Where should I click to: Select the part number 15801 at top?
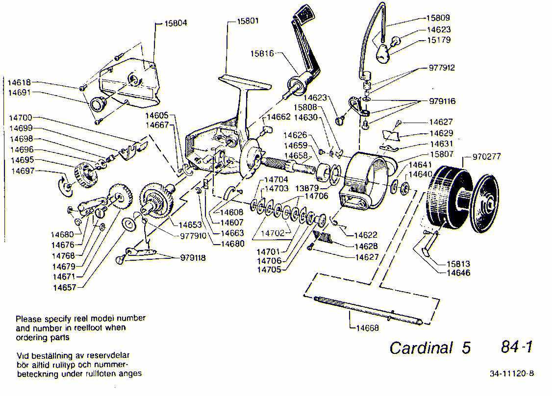(248, 21)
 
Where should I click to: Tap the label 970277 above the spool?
(487, 157)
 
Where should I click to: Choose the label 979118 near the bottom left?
(193, 257)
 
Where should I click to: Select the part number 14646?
(458, 272)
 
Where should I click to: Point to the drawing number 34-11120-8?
(511, 373)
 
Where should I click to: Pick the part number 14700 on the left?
(21, 118)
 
